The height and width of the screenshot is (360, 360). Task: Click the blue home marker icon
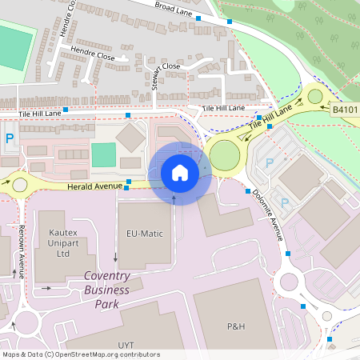coord(179,172)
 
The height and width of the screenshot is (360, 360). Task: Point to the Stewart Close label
coord(161,66)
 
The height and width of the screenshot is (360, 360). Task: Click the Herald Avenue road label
coord(95,186)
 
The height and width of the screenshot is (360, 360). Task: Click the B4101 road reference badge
coord(345,110)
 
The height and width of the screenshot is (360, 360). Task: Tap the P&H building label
coord(235,326)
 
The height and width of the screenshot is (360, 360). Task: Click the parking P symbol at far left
coord(10,138)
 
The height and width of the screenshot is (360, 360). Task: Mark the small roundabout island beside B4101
coord(314,97)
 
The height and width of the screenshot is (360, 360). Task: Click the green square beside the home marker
coord(103,154)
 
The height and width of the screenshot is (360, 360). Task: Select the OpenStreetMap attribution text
coord(80,354)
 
